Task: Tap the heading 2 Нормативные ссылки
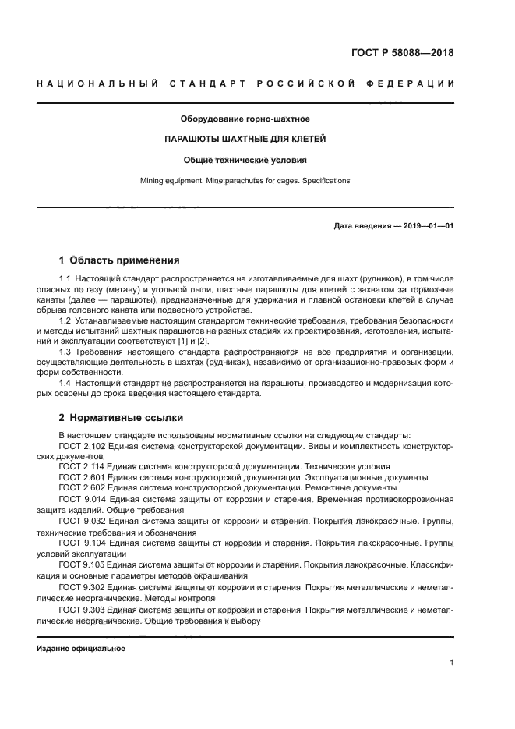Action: click(118, 417)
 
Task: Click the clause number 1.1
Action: click(65, 279)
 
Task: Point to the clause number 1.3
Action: click(65, 351)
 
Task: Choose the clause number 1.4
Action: click(65, 382)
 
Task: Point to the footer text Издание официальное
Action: click(81, 649)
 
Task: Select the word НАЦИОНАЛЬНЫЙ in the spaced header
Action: click(97, 83)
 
